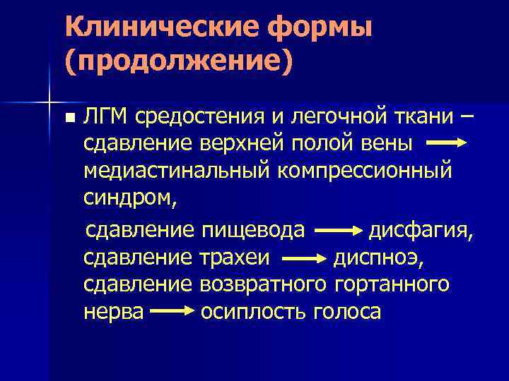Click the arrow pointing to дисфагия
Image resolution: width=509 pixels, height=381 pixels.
click(x=337, y=230)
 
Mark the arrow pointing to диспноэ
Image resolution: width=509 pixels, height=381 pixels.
click(x=303, y=258)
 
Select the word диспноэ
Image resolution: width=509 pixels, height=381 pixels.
click(x=378, y=257)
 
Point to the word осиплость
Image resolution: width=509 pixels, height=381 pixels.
click(x=252, y=311)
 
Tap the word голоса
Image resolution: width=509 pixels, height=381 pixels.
click(x=346, y=311)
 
